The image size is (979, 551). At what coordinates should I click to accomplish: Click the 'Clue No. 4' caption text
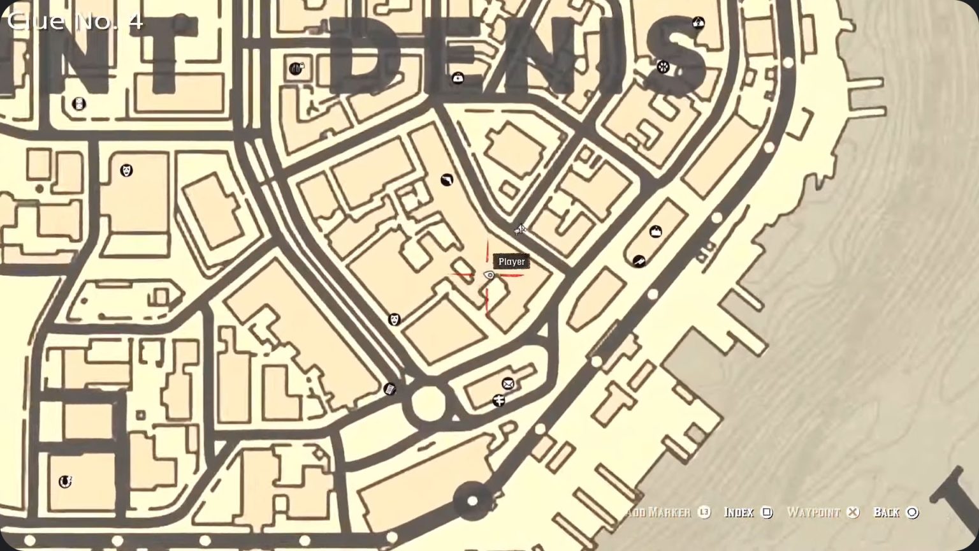point(75,20)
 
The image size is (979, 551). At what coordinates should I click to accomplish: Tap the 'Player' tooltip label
point(511,261)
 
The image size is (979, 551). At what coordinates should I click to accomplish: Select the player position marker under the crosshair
point(489,275)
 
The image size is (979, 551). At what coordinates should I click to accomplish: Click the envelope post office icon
point(507,383)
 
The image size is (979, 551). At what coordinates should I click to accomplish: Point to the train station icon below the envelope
point(499,400)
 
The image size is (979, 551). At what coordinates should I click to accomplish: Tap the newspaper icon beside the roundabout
point(390,388)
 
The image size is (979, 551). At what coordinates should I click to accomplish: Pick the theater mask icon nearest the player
point(395,318)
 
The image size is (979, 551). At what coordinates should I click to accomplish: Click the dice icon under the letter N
point(663,66)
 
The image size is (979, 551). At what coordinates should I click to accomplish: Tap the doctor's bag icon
point(458,78)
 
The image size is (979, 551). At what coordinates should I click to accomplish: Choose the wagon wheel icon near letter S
point(699,23)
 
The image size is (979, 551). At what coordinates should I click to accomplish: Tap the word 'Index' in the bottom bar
point(739,512)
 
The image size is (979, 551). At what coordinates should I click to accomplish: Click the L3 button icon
point(704,512)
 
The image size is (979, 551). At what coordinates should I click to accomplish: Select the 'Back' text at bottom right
point(887,512)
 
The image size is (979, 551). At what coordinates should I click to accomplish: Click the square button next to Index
point(767,512)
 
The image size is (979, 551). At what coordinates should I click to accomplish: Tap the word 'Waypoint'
point(813,512)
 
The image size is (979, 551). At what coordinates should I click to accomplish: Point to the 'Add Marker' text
point(659,512)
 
